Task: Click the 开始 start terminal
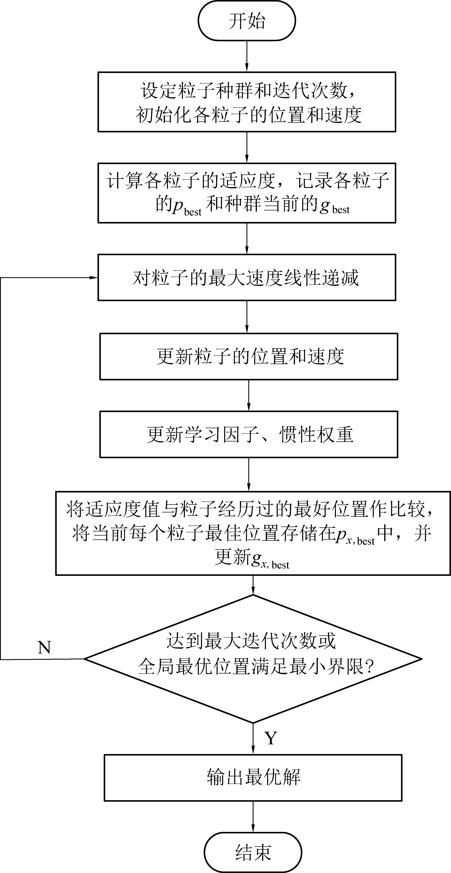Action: [247, 21]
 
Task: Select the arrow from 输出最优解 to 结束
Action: [253, 817]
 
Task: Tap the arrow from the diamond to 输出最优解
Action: [253, 739]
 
